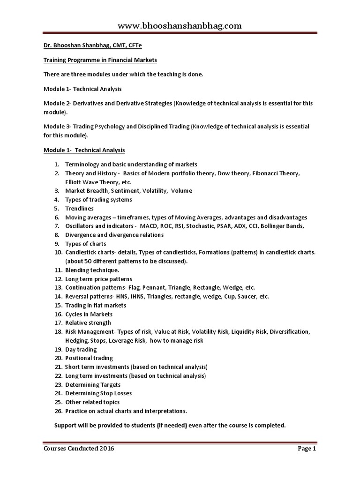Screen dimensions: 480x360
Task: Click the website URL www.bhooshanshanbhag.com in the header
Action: coord(180,26)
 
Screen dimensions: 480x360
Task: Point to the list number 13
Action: coord(58,287)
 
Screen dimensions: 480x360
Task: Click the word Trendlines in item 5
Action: coord(79,208)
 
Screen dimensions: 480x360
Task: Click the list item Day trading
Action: coord(81,349)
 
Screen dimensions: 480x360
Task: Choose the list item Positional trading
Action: coord(89,358)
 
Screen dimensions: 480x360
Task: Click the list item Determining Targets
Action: coord(93,384)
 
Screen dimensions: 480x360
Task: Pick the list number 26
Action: coord(58,411)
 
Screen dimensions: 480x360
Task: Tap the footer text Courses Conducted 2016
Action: coord(78,449)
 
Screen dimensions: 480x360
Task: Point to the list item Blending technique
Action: coord(92,270)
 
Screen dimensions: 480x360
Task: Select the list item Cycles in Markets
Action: coord(89,314)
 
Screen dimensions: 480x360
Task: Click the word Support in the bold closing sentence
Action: coord(67,425)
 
